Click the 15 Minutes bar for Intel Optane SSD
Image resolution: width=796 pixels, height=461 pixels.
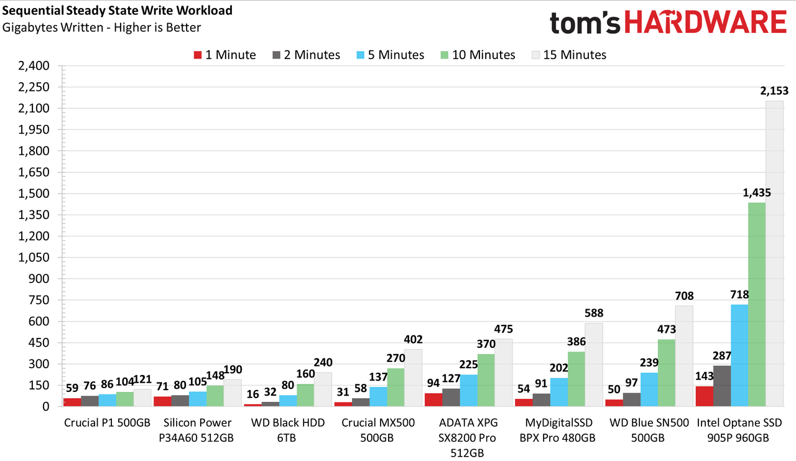pyautogui.click(x=774, y=253)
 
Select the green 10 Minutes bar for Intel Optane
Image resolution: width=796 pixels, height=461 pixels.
pyautogui.click(x=757, y=305)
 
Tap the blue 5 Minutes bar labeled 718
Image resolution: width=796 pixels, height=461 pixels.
pyautogui.click(x=739, y=355)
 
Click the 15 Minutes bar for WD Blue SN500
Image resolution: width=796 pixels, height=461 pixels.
pyautogui.click(x=684, y=356)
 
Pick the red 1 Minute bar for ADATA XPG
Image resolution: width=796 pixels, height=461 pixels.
pyautogui.click(x=433, y=400)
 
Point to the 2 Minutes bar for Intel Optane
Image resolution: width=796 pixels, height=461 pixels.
pyautogui.click(x=722, y=386)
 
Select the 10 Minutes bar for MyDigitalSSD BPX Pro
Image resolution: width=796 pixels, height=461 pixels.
pyautogui.click(x=576, y=379)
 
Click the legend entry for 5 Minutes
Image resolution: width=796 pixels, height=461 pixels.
pyautogui.click(x=390, y=55)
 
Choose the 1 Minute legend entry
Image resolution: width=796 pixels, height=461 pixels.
pyautogui.click(x=224, y=55)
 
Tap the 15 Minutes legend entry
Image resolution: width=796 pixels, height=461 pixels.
pyautogui.click(x=569, y=55)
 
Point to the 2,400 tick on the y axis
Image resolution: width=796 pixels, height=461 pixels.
pyautogui.click(x=34, y=66)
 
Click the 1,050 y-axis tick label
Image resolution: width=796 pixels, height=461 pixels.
pyautogui.click(x=34, y=258)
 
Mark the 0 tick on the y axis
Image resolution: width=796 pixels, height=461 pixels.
pyautogui.click(x=46, y=407)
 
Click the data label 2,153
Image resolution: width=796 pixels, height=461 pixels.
pyautogui.click(x=774, y=91)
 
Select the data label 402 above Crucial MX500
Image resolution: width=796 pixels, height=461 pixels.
pyautogui.click(x=414, y=340)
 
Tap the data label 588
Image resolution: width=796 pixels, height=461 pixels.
pyautogui.click(x=594, y=313)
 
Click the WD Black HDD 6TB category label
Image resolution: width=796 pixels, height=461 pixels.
pyautogui.click(x=287, y=430)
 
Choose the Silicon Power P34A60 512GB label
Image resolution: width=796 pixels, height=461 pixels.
pyautogui.click(x=197, y=430)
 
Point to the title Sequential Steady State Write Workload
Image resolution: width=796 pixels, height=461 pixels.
pyautogui.click(x=118, y=11)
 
